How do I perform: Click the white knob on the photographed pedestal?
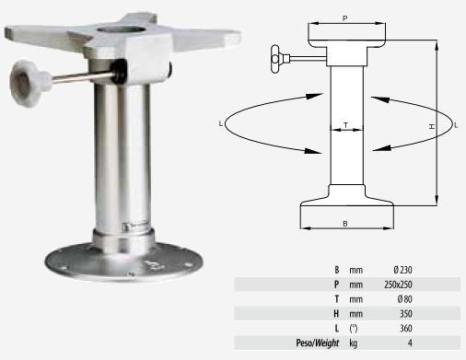29,83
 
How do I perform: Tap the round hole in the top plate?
121,30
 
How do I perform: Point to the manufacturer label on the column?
135,226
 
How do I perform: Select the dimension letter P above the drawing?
345,18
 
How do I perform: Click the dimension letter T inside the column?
346,125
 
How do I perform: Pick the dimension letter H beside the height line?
432,126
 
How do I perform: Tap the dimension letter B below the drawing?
345,224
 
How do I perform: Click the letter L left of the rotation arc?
221,124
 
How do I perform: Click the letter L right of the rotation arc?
456,125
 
